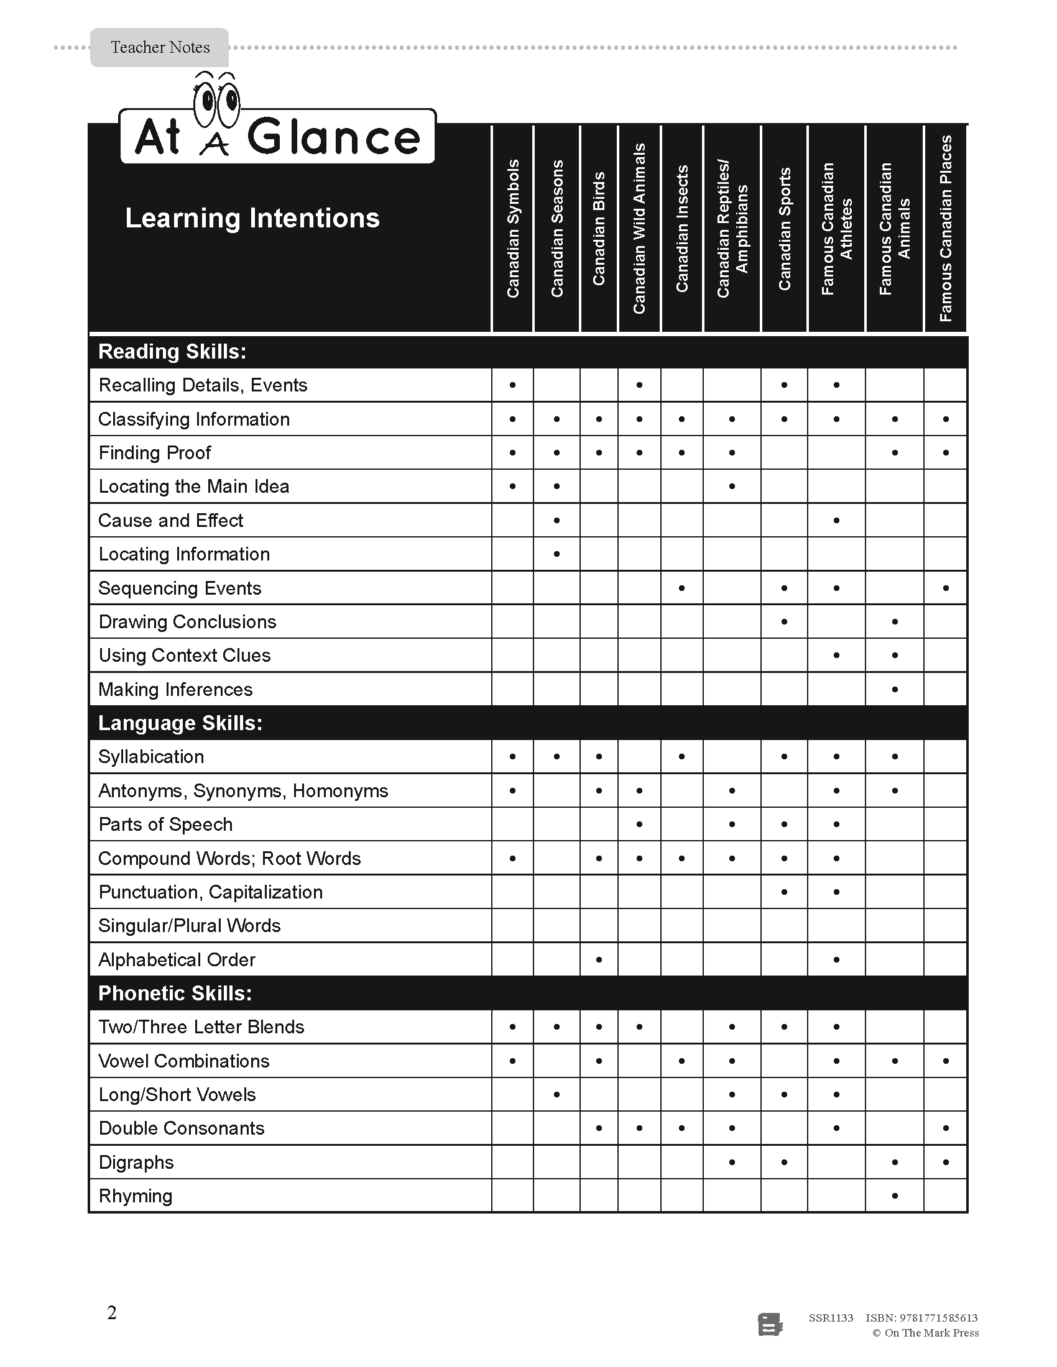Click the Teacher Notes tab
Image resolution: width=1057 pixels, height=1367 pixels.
[160, 48]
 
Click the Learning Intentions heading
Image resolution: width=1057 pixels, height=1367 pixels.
[252, 219]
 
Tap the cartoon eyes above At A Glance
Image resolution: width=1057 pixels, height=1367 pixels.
[216, 100]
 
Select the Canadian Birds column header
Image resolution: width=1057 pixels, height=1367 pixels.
[599, 229]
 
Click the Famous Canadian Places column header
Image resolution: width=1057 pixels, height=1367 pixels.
[946, 229]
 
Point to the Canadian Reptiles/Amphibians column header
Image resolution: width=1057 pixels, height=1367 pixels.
[732, 229]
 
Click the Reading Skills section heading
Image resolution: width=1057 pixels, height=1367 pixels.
[172, 352]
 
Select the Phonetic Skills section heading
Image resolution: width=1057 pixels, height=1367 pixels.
[175, 994]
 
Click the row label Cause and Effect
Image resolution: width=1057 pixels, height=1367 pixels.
[170, 521]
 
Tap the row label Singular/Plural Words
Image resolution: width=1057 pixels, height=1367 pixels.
[189, 926]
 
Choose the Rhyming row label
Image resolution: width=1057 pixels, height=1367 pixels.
[136, 1196]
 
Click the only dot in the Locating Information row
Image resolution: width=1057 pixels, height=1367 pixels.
[556, 554]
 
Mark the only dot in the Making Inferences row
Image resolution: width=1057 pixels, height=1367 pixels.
[895, 689]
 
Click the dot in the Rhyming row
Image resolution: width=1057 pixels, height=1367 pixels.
[895, 1196]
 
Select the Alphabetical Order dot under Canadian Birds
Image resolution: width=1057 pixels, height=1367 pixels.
[599, 959]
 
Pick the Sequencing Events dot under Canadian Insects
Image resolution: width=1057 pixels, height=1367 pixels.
[682, 588]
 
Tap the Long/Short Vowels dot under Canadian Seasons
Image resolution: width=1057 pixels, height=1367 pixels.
[556, 1095]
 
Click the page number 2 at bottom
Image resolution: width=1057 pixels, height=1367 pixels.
[112, 1312]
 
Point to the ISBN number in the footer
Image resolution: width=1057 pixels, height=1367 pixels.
[921, 1317]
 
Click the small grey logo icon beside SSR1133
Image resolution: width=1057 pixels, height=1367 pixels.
[770, 1325]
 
